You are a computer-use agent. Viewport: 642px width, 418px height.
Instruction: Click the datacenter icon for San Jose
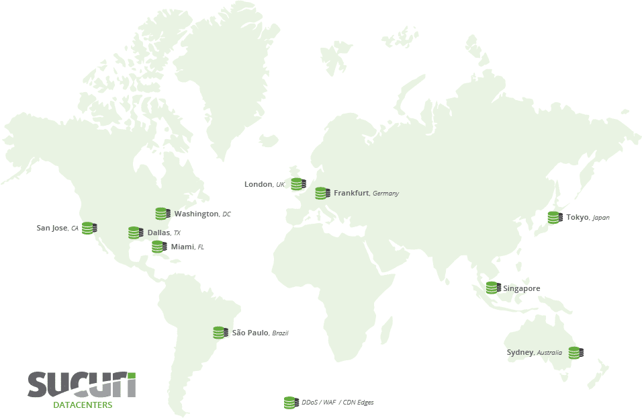click(x=89, y=228)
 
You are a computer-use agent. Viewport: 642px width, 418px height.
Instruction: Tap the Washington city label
click(x=196, y=214)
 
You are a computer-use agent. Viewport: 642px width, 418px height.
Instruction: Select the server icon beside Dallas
click(x=136, y=233)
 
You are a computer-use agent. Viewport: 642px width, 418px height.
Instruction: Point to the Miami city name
click(x=182, y=247)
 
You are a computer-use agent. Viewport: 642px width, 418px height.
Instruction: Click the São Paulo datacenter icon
click(x=220, y=333)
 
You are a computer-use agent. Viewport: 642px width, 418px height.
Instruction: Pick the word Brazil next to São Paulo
click(x=280, y=333)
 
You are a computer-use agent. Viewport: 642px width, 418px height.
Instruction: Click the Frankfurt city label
click(x=351, y=193)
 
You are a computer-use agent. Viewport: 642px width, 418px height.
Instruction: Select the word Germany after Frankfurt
click(x=386, y=194)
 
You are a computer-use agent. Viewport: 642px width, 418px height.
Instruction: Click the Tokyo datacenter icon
click(x=555, y=218)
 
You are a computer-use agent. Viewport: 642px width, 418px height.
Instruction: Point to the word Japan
click(x=601, y=218)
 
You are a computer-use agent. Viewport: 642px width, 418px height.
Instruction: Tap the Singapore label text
click(x=522, y=288)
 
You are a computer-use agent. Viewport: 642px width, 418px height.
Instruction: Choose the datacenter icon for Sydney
click(x=576, y=353)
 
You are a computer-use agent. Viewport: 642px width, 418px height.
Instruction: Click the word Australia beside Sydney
click(x=549, y=353)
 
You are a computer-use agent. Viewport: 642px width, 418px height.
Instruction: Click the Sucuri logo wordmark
click(x=81, y=385)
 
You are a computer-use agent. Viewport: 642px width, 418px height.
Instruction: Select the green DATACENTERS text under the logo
click(x=83, y=405)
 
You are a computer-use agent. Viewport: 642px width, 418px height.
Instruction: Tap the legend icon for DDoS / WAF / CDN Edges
click(x=291, y=403)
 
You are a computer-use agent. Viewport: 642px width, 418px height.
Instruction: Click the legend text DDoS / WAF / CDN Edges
click(x=338, y=403)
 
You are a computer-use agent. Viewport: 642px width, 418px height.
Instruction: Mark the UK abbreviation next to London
click(x=280, y=184)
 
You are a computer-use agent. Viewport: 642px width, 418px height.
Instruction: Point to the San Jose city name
click(x=52, y=228)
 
